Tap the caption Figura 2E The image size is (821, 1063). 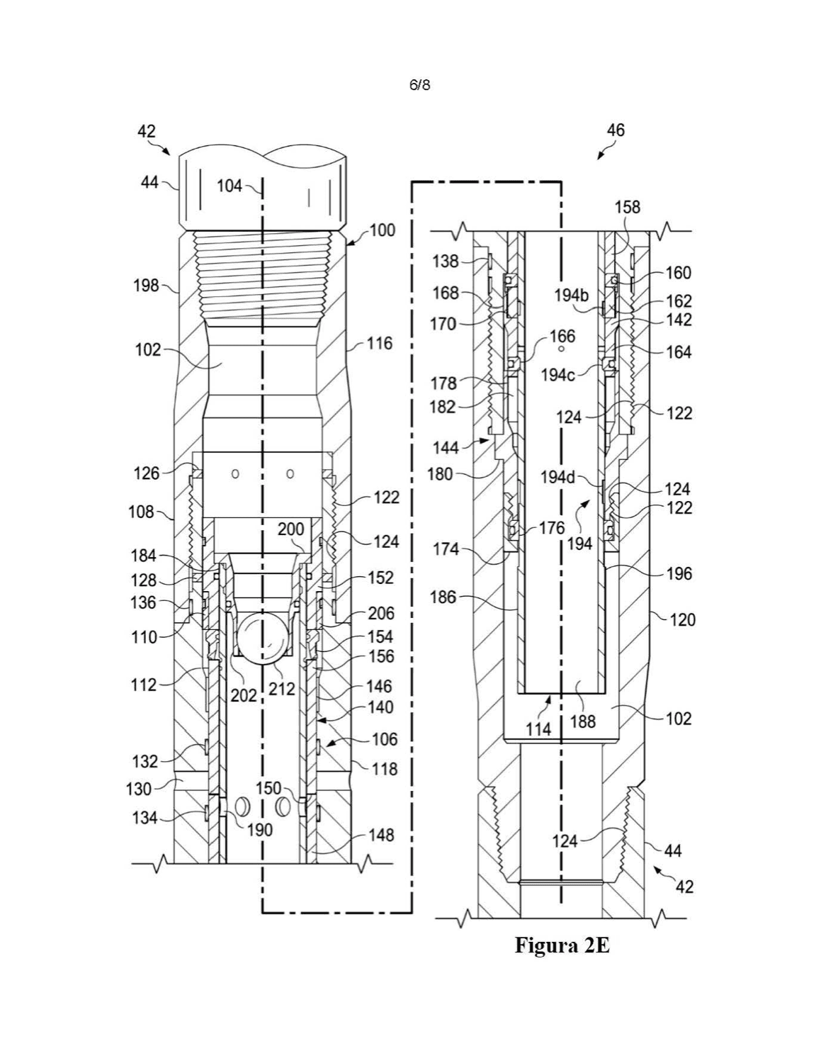click(x=562, y=946)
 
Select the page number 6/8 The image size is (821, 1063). click(x=419, y=86)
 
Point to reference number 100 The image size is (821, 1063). click(x=382, y=230)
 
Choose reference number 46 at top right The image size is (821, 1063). click(x=616, y=130)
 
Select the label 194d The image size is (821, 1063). click(x=557, y=478)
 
